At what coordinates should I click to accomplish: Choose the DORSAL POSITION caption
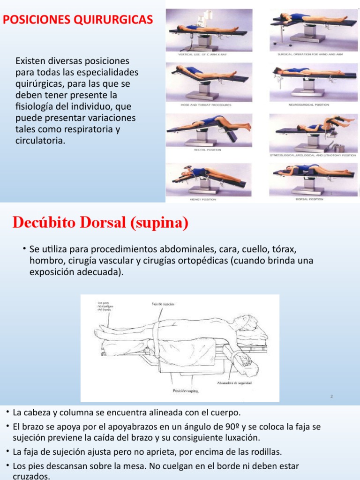(x=310, y=199)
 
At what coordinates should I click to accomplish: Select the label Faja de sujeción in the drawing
(x=163, y=304)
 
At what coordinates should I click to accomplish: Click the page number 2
(x=331, y=397)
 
